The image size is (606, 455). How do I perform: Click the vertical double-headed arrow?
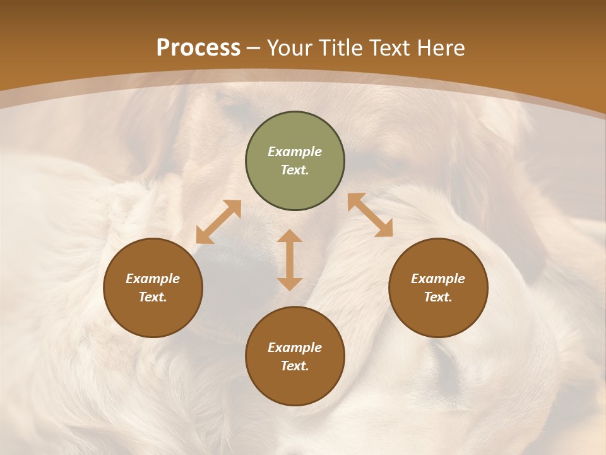(290, 260)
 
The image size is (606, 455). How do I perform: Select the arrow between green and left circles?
(218, 222)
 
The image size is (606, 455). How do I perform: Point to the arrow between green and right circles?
(370, 215)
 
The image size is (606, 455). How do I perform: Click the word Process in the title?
(198, 48)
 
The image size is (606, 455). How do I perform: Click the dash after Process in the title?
(254, 48)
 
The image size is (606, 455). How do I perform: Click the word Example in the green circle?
(295, 152)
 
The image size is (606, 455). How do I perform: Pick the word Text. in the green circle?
(295, 170)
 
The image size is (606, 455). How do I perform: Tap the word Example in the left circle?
(153, 279)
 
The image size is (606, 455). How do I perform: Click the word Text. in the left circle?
(153, 297)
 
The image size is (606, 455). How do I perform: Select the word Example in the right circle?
(438, 279)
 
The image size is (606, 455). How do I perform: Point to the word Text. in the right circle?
(438, 297)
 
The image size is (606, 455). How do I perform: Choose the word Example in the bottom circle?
(295, 348)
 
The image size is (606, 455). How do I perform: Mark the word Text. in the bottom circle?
(295, 366)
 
